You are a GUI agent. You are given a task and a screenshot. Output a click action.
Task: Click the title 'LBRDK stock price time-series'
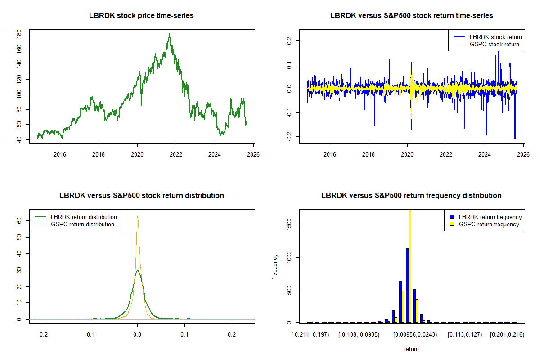(x=142, y=16)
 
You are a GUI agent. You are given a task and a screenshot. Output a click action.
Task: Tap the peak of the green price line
(x=170, y=34)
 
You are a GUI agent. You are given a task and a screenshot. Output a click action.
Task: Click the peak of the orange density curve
(x=137, y=216)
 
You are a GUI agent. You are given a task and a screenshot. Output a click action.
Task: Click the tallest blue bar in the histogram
(x=407, y=285)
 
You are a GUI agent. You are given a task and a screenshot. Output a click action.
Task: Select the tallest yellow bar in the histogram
(x=410, y=265)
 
